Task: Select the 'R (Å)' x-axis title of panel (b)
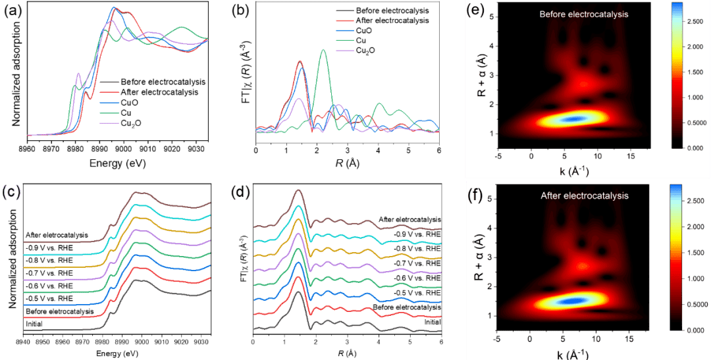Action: point(347,160)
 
